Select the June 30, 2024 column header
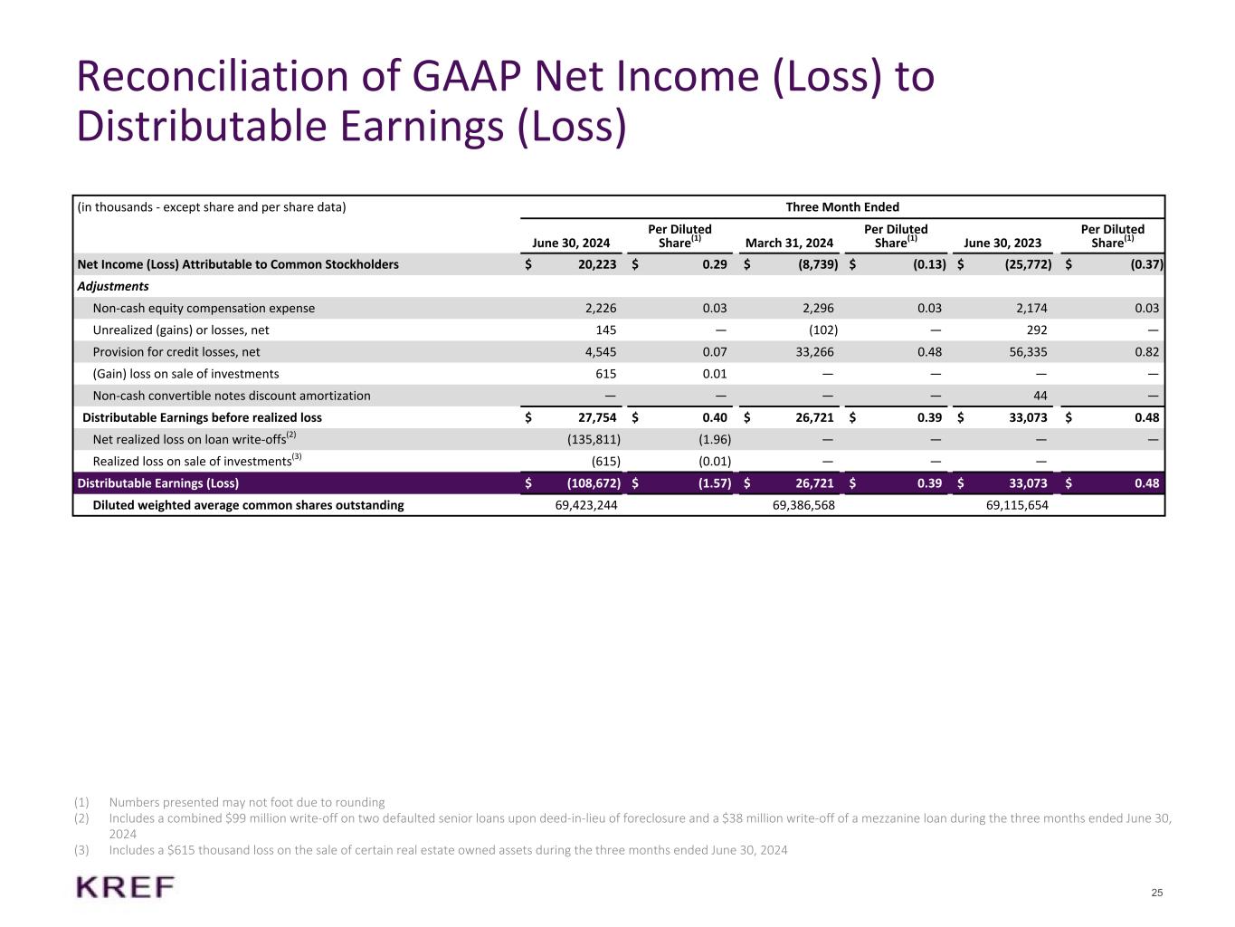pos(571,243)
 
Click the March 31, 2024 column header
pos(789,243)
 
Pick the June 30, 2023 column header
pos(1002,243)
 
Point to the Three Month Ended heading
pos(842,207)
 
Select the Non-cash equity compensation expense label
pos(204,309)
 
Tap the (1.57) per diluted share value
pos(714,483)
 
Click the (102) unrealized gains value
pos(822,330)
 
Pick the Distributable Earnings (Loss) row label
pos(158,483)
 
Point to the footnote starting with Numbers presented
pos(246,802)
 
